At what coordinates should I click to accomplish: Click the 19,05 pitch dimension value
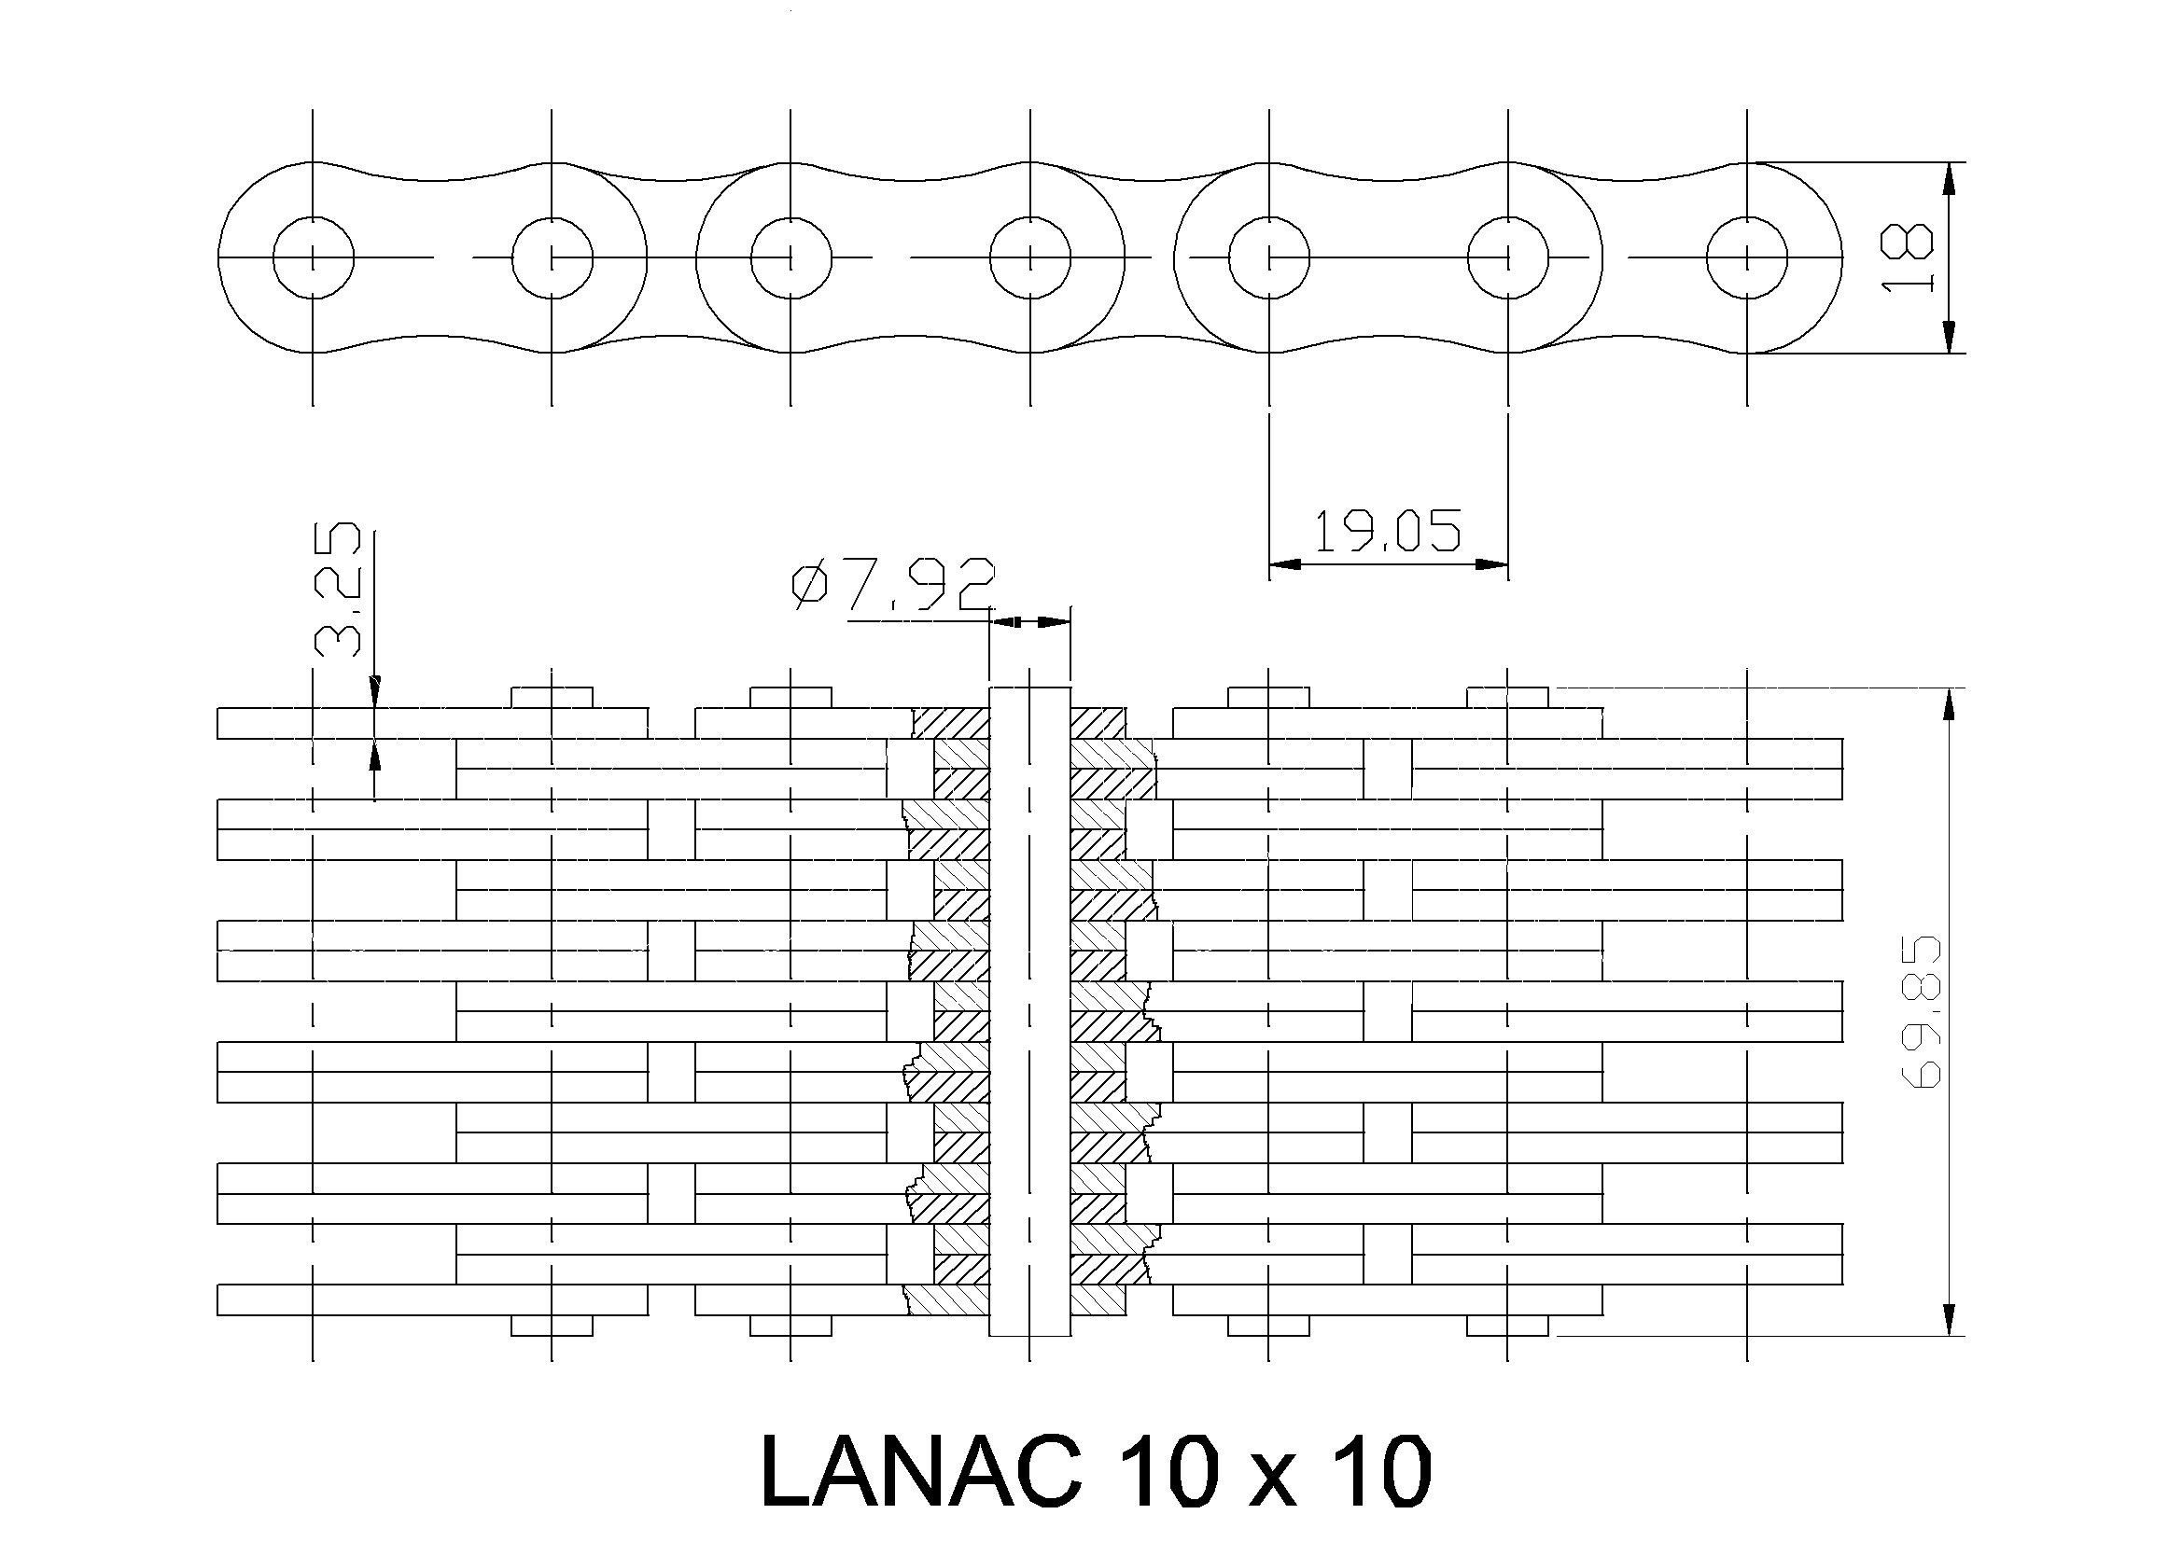(1388, 531)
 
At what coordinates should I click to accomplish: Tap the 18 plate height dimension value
(1908, 257)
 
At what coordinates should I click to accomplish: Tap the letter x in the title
(1267, 1482)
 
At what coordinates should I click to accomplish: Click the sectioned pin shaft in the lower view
(1030, 1011)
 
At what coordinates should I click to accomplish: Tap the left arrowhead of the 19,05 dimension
(1285, 564)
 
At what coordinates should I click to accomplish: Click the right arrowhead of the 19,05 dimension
(1492, 564)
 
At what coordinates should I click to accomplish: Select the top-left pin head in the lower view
(552, 699)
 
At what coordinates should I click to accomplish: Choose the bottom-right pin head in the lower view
(1507, 1326)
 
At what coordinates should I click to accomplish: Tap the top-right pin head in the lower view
(1507, 699)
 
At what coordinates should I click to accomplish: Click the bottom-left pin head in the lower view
(552, 1326)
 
